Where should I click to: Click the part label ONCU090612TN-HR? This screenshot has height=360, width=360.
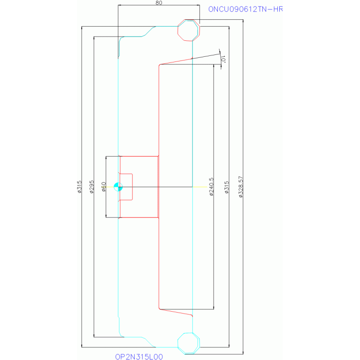click(245, 9)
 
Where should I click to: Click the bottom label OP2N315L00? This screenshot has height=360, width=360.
click(139, 357)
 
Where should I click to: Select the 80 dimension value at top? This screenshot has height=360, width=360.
click(159, 3)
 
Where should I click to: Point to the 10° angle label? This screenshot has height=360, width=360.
click(223, 59)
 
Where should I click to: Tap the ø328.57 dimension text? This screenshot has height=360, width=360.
click(241, 187)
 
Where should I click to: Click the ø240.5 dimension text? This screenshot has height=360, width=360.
click(211, 187)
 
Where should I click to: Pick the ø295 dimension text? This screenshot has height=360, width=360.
click(92, 187)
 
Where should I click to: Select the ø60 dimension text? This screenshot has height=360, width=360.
click(104, 187)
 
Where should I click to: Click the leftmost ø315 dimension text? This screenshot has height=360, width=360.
click(79, 187)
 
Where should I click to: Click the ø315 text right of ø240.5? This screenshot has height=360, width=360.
click(227, 187)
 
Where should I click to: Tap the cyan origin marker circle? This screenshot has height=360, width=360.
click(118, 187)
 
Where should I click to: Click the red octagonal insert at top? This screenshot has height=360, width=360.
click(189, 31)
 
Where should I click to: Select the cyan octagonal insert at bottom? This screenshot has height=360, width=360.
click(189, 343)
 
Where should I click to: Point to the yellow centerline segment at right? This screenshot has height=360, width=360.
click(200, 187)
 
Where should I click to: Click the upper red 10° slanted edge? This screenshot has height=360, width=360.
click(176, 62)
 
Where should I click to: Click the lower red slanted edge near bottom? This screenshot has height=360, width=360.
click(176, 312)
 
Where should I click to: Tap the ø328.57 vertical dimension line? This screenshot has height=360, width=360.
click(243, 187)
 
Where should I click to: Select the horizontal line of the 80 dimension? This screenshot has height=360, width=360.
click(159, 5)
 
